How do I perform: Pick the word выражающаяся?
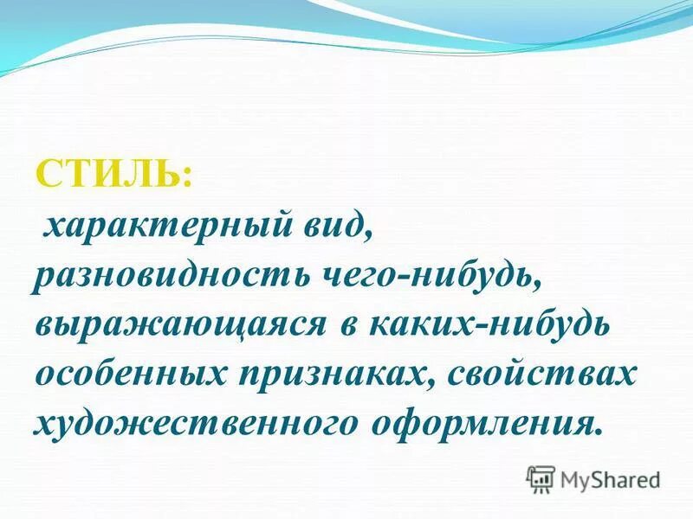177,326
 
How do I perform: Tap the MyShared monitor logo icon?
541,477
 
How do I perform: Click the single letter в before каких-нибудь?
343,328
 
